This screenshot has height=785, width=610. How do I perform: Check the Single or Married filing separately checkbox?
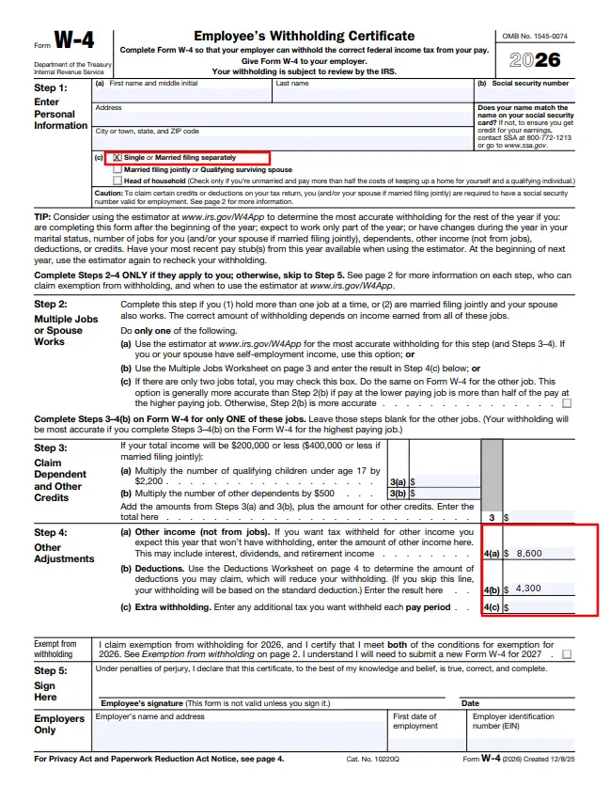pyautogui.click(x=117, y=157)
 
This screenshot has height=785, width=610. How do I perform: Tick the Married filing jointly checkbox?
pyautogui.click(x=117, y=169)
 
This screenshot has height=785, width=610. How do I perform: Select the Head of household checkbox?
pyautogui.click(x=117, y=181)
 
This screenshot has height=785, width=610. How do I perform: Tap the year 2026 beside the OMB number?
pyautogui.click(x=535, y=60)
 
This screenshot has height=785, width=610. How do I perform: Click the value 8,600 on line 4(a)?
pyautogui.click(x=531, y=553)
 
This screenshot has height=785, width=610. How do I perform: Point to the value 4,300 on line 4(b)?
pyautogui.click(x=530, y=589)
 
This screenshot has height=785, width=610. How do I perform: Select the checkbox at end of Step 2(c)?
pyautogui.click(x=566, y=402)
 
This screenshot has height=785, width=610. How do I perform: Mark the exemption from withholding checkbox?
pyautogui.click(x=566, y=653)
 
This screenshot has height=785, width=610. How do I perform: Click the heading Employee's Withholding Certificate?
pyautogui.click(x=304, y=36)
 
